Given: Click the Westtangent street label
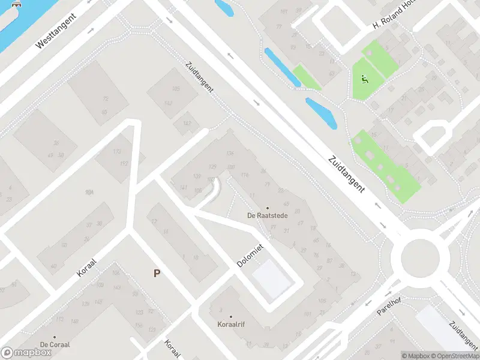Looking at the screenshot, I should [57, 32].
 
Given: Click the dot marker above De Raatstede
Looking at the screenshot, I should [268, 208].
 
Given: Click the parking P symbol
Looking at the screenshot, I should [157, 273].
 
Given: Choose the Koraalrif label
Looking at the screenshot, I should [230, 324].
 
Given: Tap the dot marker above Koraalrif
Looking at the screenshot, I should [230, 316].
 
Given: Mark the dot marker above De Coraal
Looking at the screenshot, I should [55, 337].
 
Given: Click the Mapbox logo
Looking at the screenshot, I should [26, 352].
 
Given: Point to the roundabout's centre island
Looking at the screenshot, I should [420, 259].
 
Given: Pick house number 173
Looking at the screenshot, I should [118, 152].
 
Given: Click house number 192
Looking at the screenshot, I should [124, 163].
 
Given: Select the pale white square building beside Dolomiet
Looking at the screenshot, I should [272, 278].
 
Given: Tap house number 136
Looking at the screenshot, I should [230, 154].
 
